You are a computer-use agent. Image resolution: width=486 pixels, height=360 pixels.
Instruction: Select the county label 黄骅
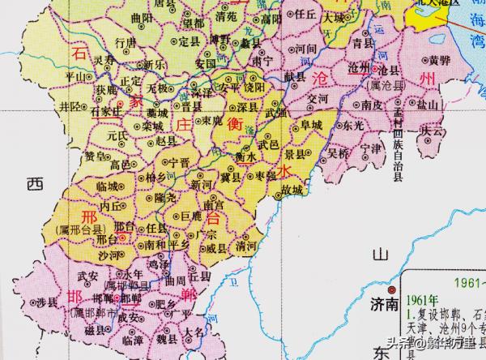coord(437,61)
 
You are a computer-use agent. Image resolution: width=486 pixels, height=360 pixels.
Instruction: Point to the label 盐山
coord(427,105)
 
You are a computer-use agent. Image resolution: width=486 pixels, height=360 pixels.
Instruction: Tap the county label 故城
coord(292,189)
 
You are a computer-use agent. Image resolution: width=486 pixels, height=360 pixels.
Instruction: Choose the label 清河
coord(237,246)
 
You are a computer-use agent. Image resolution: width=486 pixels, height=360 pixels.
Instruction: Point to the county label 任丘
coord(305,14)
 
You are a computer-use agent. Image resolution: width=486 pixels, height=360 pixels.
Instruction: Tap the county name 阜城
coord(311,125)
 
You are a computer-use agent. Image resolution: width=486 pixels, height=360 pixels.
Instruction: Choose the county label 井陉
coord(71,106)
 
